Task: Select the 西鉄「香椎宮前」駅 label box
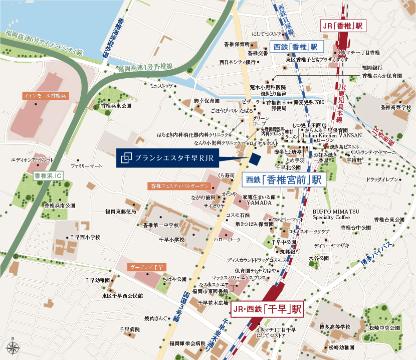[285, 179]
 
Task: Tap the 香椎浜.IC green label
[46, 176]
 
